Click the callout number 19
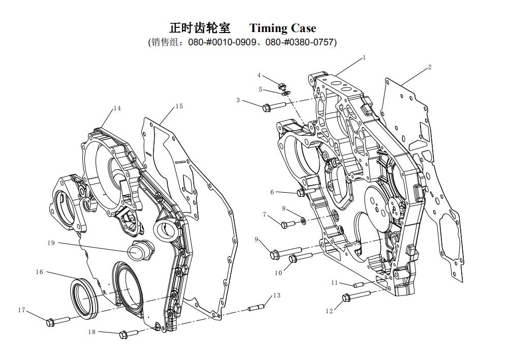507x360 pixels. pyautogui.click(x=51, y=243)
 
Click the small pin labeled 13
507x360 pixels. pyautogui.click(x=256, y=307)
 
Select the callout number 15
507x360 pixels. pyautogui.click(x=179, y=106)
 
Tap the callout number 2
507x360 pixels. pyautogui.click(x=430, y=67)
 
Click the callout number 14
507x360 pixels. pyautogui.click(x=117, y=108)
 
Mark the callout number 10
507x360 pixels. pyautogui.click(x=278, y=273)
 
